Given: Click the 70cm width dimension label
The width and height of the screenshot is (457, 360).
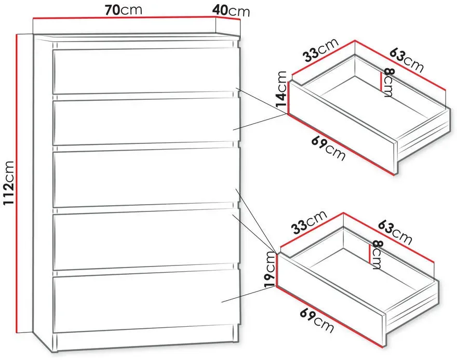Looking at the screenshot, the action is point(123,10).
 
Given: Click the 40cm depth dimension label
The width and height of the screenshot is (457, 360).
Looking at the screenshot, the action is point(231,11).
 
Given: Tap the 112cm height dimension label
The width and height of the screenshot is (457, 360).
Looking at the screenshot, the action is point(8,183).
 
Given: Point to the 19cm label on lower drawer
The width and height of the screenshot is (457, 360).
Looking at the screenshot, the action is point(270,269).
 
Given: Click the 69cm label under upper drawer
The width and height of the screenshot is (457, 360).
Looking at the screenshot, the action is point(328,149).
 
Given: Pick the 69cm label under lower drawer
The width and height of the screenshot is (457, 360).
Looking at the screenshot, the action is point(317,321).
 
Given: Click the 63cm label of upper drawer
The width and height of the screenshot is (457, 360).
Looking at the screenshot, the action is point(407,60).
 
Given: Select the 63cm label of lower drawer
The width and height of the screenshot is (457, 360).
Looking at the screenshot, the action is point(395,232).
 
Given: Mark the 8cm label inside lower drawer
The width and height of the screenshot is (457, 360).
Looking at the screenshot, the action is point(377,255).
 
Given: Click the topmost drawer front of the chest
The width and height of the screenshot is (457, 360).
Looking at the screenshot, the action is point(144,71).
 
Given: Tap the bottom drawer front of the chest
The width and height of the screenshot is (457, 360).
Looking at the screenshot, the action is point(145,302).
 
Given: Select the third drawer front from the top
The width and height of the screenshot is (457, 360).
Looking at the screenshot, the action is point(145,178).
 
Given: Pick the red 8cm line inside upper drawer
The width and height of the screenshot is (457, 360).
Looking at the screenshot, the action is point(381,81).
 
